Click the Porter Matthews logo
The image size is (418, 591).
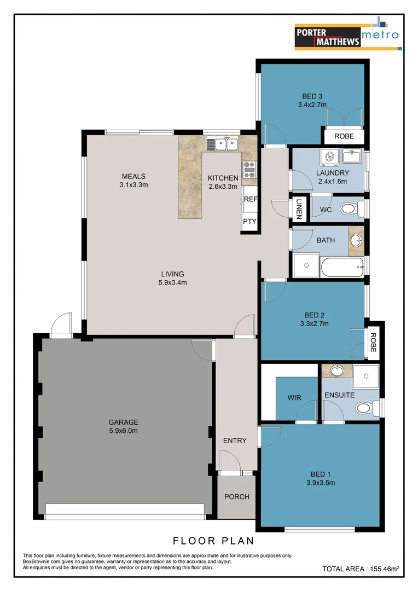point(347,37)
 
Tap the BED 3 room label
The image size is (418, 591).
point(312,96)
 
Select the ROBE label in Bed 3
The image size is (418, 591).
point(344,136)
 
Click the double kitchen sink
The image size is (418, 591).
point(222,144)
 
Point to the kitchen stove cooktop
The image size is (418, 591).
point(249,169)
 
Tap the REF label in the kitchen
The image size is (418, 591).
point(250,200)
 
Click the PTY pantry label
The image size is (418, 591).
point(249,222)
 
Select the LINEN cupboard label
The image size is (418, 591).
point(299,208)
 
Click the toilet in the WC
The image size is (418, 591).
point(351,208)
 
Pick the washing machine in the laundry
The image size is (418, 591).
point(330,158)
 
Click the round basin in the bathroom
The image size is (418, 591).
point(356,240)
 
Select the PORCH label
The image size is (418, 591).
point(236,497)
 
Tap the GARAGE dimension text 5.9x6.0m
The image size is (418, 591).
point(123,431)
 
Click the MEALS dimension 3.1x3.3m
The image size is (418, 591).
point(133,185)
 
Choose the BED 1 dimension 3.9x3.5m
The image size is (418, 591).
point(320,483)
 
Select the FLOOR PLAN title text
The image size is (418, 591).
point(213,541)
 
